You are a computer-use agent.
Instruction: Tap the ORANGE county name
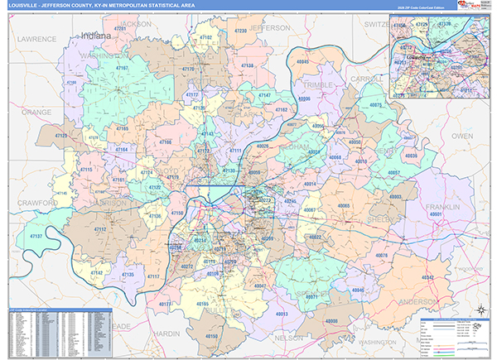(36, 111)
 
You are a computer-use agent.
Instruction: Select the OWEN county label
(461, 134)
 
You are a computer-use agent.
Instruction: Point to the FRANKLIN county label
(442, 206)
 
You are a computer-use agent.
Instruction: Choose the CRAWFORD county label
(36, 202)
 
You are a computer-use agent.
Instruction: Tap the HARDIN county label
(166, 333)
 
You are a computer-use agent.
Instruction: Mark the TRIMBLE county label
(319, 84)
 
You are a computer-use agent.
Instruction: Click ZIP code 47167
(122, 68)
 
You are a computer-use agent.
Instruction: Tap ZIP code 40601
(437, 215)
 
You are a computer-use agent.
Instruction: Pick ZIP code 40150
(212, 337)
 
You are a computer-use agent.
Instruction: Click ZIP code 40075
(376, 106)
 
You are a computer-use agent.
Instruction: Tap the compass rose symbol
(480, 310)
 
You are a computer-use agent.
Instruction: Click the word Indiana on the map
(97, 36)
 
